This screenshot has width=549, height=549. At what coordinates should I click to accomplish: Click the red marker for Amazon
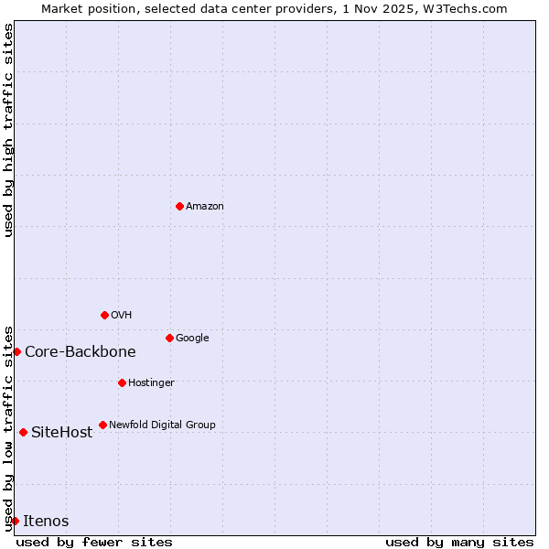179,206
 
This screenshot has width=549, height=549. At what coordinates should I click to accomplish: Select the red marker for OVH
104,315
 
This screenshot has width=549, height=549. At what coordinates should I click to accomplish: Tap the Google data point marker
169,338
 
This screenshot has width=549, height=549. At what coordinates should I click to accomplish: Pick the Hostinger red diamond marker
122,382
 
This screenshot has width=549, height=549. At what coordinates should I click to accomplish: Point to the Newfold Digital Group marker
102,425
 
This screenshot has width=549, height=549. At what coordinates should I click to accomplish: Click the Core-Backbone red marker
16,351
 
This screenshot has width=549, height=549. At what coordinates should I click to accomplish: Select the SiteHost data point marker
23,432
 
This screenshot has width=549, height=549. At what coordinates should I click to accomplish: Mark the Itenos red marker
15,521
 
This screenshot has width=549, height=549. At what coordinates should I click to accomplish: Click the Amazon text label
205,206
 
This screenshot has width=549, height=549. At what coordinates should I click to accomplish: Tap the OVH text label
122,315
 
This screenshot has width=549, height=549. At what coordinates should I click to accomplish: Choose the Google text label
192,338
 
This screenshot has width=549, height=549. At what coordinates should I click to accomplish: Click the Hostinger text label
151,382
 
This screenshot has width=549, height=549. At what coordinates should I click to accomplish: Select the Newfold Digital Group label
162,425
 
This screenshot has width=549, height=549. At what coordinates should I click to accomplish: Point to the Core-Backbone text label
81,351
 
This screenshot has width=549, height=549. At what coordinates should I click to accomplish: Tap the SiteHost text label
62,432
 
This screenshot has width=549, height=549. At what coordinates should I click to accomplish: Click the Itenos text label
46,521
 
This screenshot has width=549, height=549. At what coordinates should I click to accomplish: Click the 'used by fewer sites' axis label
94,542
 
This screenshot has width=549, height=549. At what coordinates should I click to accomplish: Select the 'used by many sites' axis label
459,542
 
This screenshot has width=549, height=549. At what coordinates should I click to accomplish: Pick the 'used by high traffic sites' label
8,130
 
